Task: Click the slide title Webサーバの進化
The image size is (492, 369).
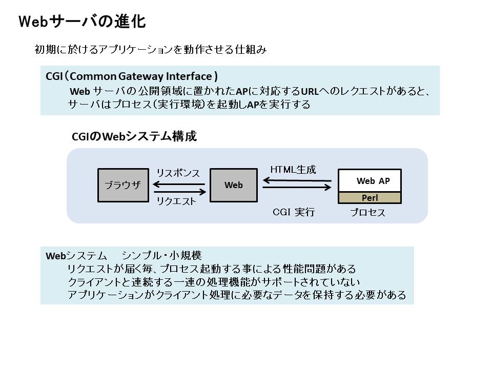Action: [x=82, y=22]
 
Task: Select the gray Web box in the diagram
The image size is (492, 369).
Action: [x=234, y=185]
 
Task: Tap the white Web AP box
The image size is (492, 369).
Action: [x=370, y=181]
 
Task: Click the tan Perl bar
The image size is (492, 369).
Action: [x=370, y=198]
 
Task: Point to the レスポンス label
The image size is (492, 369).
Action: [x=178, y=173]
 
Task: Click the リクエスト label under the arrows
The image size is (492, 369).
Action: [x=176, y=201]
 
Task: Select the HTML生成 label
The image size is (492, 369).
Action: [x=293, y=169]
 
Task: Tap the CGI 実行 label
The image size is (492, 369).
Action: [x=294, y=212]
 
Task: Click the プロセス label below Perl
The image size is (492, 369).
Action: [x=367, y=212]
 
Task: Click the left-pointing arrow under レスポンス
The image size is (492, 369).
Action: [x=179, y=184]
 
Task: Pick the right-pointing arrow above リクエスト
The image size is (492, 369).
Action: [x=179, y=192]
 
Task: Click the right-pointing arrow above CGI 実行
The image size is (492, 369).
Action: [x=297, y=188]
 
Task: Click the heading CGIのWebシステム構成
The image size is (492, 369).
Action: [x=134, y=136]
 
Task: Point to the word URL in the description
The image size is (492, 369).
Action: [x=310, y=91]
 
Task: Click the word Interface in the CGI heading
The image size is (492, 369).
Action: [x=189, y=76]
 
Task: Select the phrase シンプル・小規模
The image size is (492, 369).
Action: [x=161, y=255]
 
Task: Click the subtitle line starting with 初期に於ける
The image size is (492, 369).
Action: [x=150, y=50]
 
